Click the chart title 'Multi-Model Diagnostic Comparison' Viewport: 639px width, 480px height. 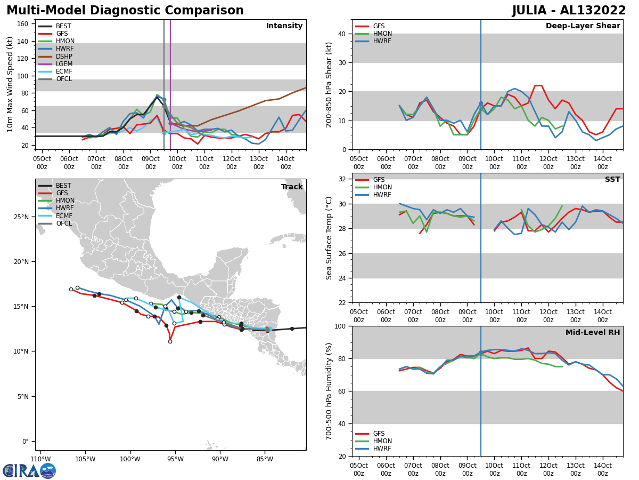tap(125, 11)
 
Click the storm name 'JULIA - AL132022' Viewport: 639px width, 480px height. tap(569, 11)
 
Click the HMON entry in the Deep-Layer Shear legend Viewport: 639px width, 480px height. tap(381, 34)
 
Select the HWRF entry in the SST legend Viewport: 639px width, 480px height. tap(382, 195)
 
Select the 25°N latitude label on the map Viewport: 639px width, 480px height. tap(21, 217)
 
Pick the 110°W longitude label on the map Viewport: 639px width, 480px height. tap(40, 459)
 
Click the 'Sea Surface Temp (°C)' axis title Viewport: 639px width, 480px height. tap(329, 238)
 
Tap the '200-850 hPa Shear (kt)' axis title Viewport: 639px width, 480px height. tap(329, 84)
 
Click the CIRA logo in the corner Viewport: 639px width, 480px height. tap(29, 470)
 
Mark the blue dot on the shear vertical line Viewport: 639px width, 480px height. tap(481, 103)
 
